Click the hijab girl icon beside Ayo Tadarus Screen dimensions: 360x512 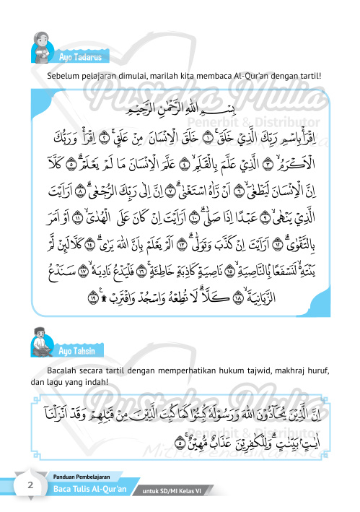(x=43, y=49)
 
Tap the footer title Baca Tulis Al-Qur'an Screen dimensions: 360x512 (x=90, y=488)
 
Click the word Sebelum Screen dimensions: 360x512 (x=63, y=75)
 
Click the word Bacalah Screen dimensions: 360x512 (x=64, y=370)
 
